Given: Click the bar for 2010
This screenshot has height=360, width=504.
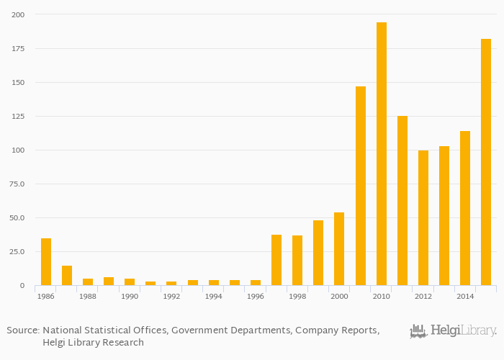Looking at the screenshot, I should pos(382,154).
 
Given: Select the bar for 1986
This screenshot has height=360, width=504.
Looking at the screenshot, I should pos(46,262).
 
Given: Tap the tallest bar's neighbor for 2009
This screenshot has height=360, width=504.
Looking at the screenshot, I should pos(361,186).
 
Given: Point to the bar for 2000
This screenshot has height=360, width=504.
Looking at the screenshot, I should pos(339,249).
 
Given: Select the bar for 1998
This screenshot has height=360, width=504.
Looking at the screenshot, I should pos(297,261).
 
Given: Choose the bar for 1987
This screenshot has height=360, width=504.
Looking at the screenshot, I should pos(67,276).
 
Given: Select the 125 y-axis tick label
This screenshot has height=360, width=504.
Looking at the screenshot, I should pos(18,116).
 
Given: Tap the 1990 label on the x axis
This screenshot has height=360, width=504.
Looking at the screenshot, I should pos(130,296).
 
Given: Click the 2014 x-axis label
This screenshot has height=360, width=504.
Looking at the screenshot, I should pos(465,296).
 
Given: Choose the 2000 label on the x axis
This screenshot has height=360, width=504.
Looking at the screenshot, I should pos(339,296).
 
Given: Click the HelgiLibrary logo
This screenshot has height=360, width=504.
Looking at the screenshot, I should pos(453,331).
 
